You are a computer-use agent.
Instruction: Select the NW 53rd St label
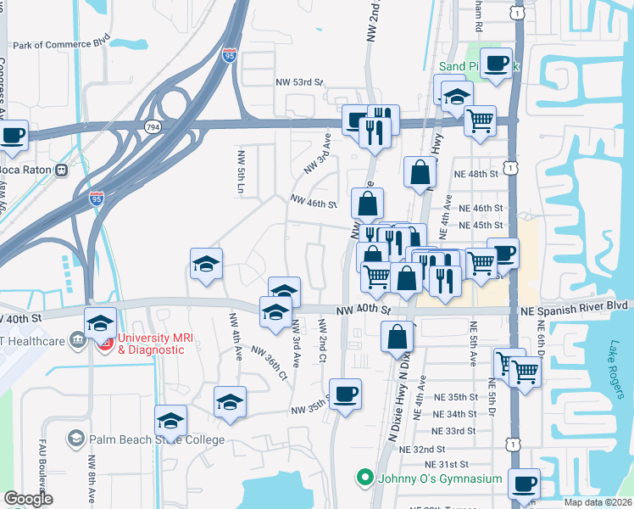(300, 82)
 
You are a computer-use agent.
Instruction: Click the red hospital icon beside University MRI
(106, 344)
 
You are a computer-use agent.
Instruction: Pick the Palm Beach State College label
(157, 439)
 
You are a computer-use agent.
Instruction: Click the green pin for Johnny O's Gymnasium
(365, 478)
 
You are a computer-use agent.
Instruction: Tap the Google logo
(28, 499)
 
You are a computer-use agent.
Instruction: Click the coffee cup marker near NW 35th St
(346, 394)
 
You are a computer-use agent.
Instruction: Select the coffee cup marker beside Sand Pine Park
(496, 62)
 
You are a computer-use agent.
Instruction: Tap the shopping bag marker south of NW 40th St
(397, 337)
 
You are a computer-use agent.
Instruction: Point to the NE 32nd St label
(422, 449)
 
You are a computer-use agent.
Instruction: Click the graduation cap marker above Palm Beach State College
(170, 421)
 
